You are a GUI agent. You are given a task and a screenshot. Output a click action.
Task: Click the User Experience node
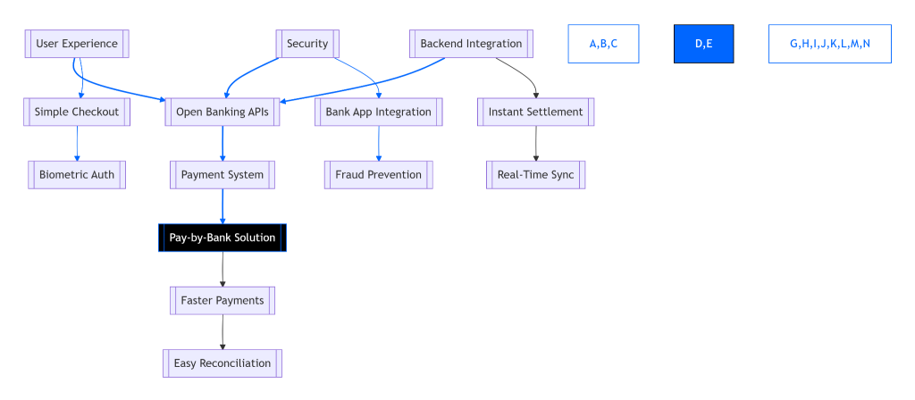77,44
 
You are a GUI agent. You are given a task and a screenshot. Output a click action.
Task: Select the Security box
307,44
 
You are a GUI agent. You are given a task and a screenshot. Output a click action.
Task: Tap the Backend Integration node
471,44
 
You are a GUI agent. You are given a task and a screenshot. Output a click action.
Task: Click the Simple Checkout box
77,112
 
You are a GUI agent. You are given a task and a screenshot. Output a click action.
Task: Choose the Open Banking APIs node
222,112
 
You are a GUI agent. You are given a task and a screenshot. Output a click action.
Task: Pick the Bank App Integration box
378,112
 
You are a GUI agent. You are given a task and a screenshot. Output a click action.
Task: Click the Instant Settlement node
535,112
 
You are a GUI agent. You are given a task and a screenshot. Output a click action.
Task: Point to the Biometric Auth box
77,174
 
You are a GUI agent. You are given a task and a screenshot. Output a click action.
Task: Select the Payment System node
222,174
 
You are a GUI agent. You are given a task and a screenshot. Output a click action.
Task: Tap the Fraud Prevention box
378,174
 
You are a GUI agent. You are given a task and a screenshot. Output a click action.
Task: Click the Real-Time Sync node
535,174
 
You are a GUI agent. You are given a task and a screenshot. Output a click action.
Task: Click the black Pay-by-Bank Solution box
222,237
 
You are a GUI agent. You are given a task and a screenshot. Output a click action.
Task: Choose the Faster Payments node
222,300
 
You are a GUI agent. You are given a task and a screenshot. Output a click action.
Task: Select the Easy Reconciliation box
222,362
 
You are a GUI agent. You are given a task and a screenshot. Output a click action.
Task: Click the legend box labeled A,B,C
603,44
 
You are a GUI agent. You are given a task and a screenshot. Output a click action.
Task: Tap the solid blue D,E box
703,44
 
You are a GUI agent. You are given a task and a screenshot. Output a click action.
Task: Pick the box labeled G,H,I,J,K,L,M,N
829,44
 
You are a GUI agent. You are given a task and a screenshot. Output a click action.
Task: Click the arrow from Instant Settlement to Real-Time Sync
535,143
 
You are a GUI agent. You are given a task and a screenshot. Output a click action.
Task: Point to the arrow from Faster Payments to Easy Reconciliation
222,331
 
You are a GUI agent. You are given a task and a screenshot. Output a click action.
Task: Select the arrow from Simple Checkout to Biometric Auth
77,143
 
